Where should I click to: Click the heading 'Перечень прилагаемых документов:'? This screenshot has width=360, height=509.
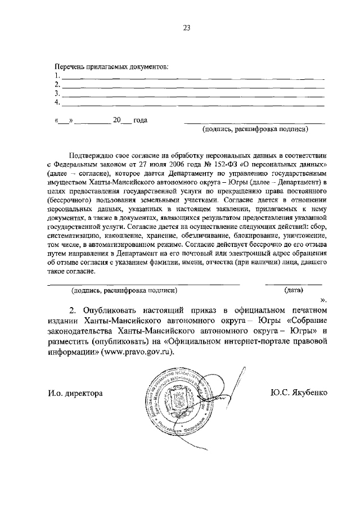click(111, 67)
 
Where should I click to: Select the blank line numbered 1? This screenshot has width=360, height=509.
click(192, 76)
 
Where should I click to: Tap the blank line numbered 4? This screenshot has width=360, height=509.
click(192, 103)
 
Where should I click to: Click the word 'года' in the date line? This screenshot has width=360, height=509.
click(140, 120)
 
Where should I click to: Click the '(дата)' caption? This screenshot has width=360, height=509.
click(294, 290)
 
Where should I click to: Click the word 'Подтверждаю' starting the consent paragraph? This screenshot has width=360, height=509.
click(92, 154)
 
